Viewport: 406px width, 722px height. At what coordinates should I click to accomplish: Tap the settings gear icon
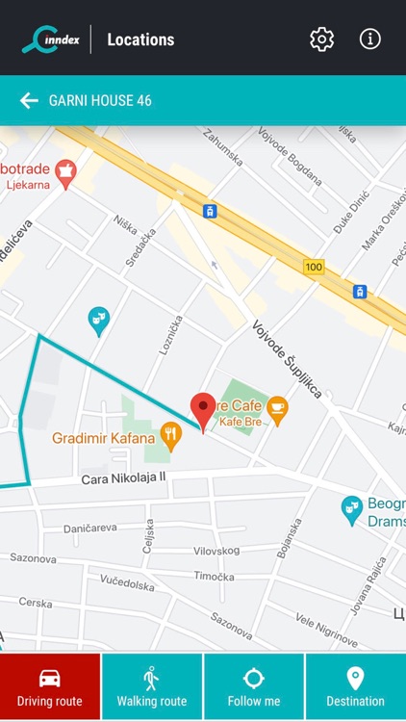[x=321, y=39]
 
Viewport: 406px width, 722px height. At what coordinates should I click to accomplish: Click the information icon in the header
[x=370, y=39]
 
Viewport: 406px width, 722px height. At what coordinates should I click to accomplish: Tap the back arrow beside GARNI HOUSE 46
[x=29, y=100]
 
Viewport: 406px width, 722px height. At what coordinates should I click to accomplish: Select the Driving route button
[x=50, y=687]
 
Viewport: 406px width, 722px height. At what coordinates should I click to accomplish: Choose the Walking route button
[x=152, y=687]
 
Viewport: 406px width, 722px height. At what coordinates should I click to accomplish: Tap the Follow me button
[x=254, y=687]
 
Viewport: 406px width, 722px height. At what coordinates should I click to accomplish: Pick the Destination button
[x=355, y=687]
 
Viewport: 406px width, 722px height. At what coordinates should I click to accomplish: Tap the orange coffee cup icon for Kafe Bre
[x=277, y=408]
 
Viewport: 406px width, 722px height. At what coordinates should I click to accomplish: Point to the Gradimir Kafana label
[x=104, y=440]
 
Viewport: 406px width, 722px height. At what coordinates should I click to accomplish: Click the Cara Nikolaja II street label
[x=123, y=477]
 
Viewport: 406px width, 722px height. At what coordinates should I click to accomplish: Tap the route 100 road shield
[x=314, y=267]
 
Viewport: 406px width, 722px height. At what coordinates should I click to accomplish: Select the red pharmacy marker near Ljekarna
[x=65, y=174]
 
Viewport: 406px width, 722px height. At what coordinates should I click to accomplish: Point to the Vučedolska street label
[x=127, y=584]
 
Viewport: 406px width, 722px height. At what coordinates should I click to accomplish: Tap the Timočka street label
[x=214, y=577]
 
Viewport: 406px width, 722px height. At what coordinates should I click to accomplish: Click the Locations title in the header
[x=140, y=39]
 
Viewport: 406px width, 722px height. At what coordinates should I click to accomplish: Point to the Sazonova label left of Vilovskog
[x=33, y=557]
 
